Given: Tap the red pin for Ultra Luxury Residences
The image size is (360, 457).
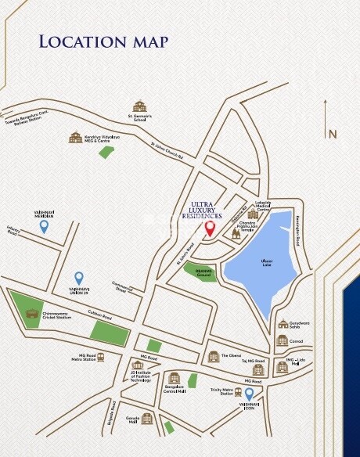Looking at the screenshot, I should point(210,229).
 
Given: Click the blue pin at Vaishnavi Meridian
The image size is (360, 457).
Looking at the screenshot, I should point(45,226).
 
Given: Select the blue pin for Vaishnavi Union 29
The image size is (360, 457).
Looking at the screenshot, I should point(78,278).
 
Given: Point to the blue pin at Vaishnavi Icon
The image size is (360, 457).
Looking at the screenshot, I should point(250,394).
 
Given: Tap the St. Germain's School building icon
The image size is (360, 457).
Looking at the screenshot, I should point(139,106).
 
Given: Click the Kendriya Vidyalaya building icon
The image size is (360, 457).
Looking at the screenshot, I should point(75,138).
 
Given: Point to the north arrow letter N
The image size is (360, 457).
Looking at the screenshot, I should point(333,134).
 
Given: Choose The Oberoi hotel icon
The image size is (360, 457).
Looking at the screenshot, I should point(214,356).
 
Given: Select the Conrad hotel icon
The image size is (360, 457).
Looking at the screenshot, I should point(282,340).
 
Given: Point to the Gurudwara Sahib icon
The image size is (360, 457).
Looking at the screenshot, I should point(283,324).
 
